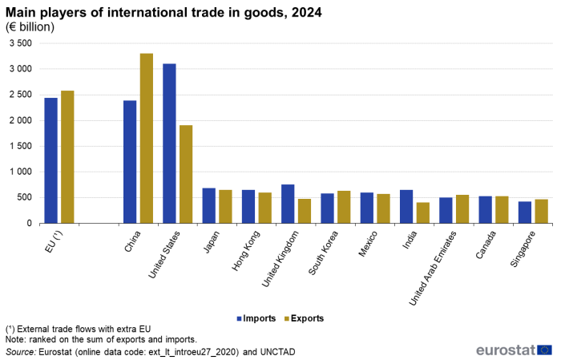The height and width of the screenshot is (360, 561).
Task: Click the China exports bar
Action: [147, 138]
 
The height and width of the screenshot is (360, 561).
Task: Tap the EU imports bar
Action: [50, 160]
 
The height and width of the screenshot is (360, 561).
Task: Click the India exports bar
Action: [422, 212]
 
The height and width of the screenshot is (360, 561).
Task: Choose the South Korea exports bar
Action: [344, 207]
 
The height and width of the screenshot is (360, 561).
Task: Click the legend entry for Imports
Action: [257, 318]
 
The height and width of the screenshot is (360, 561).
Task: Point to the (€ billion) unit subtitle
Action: [30, 27]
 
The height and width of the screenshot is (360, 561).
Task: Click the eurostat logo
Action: [513, 350]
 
